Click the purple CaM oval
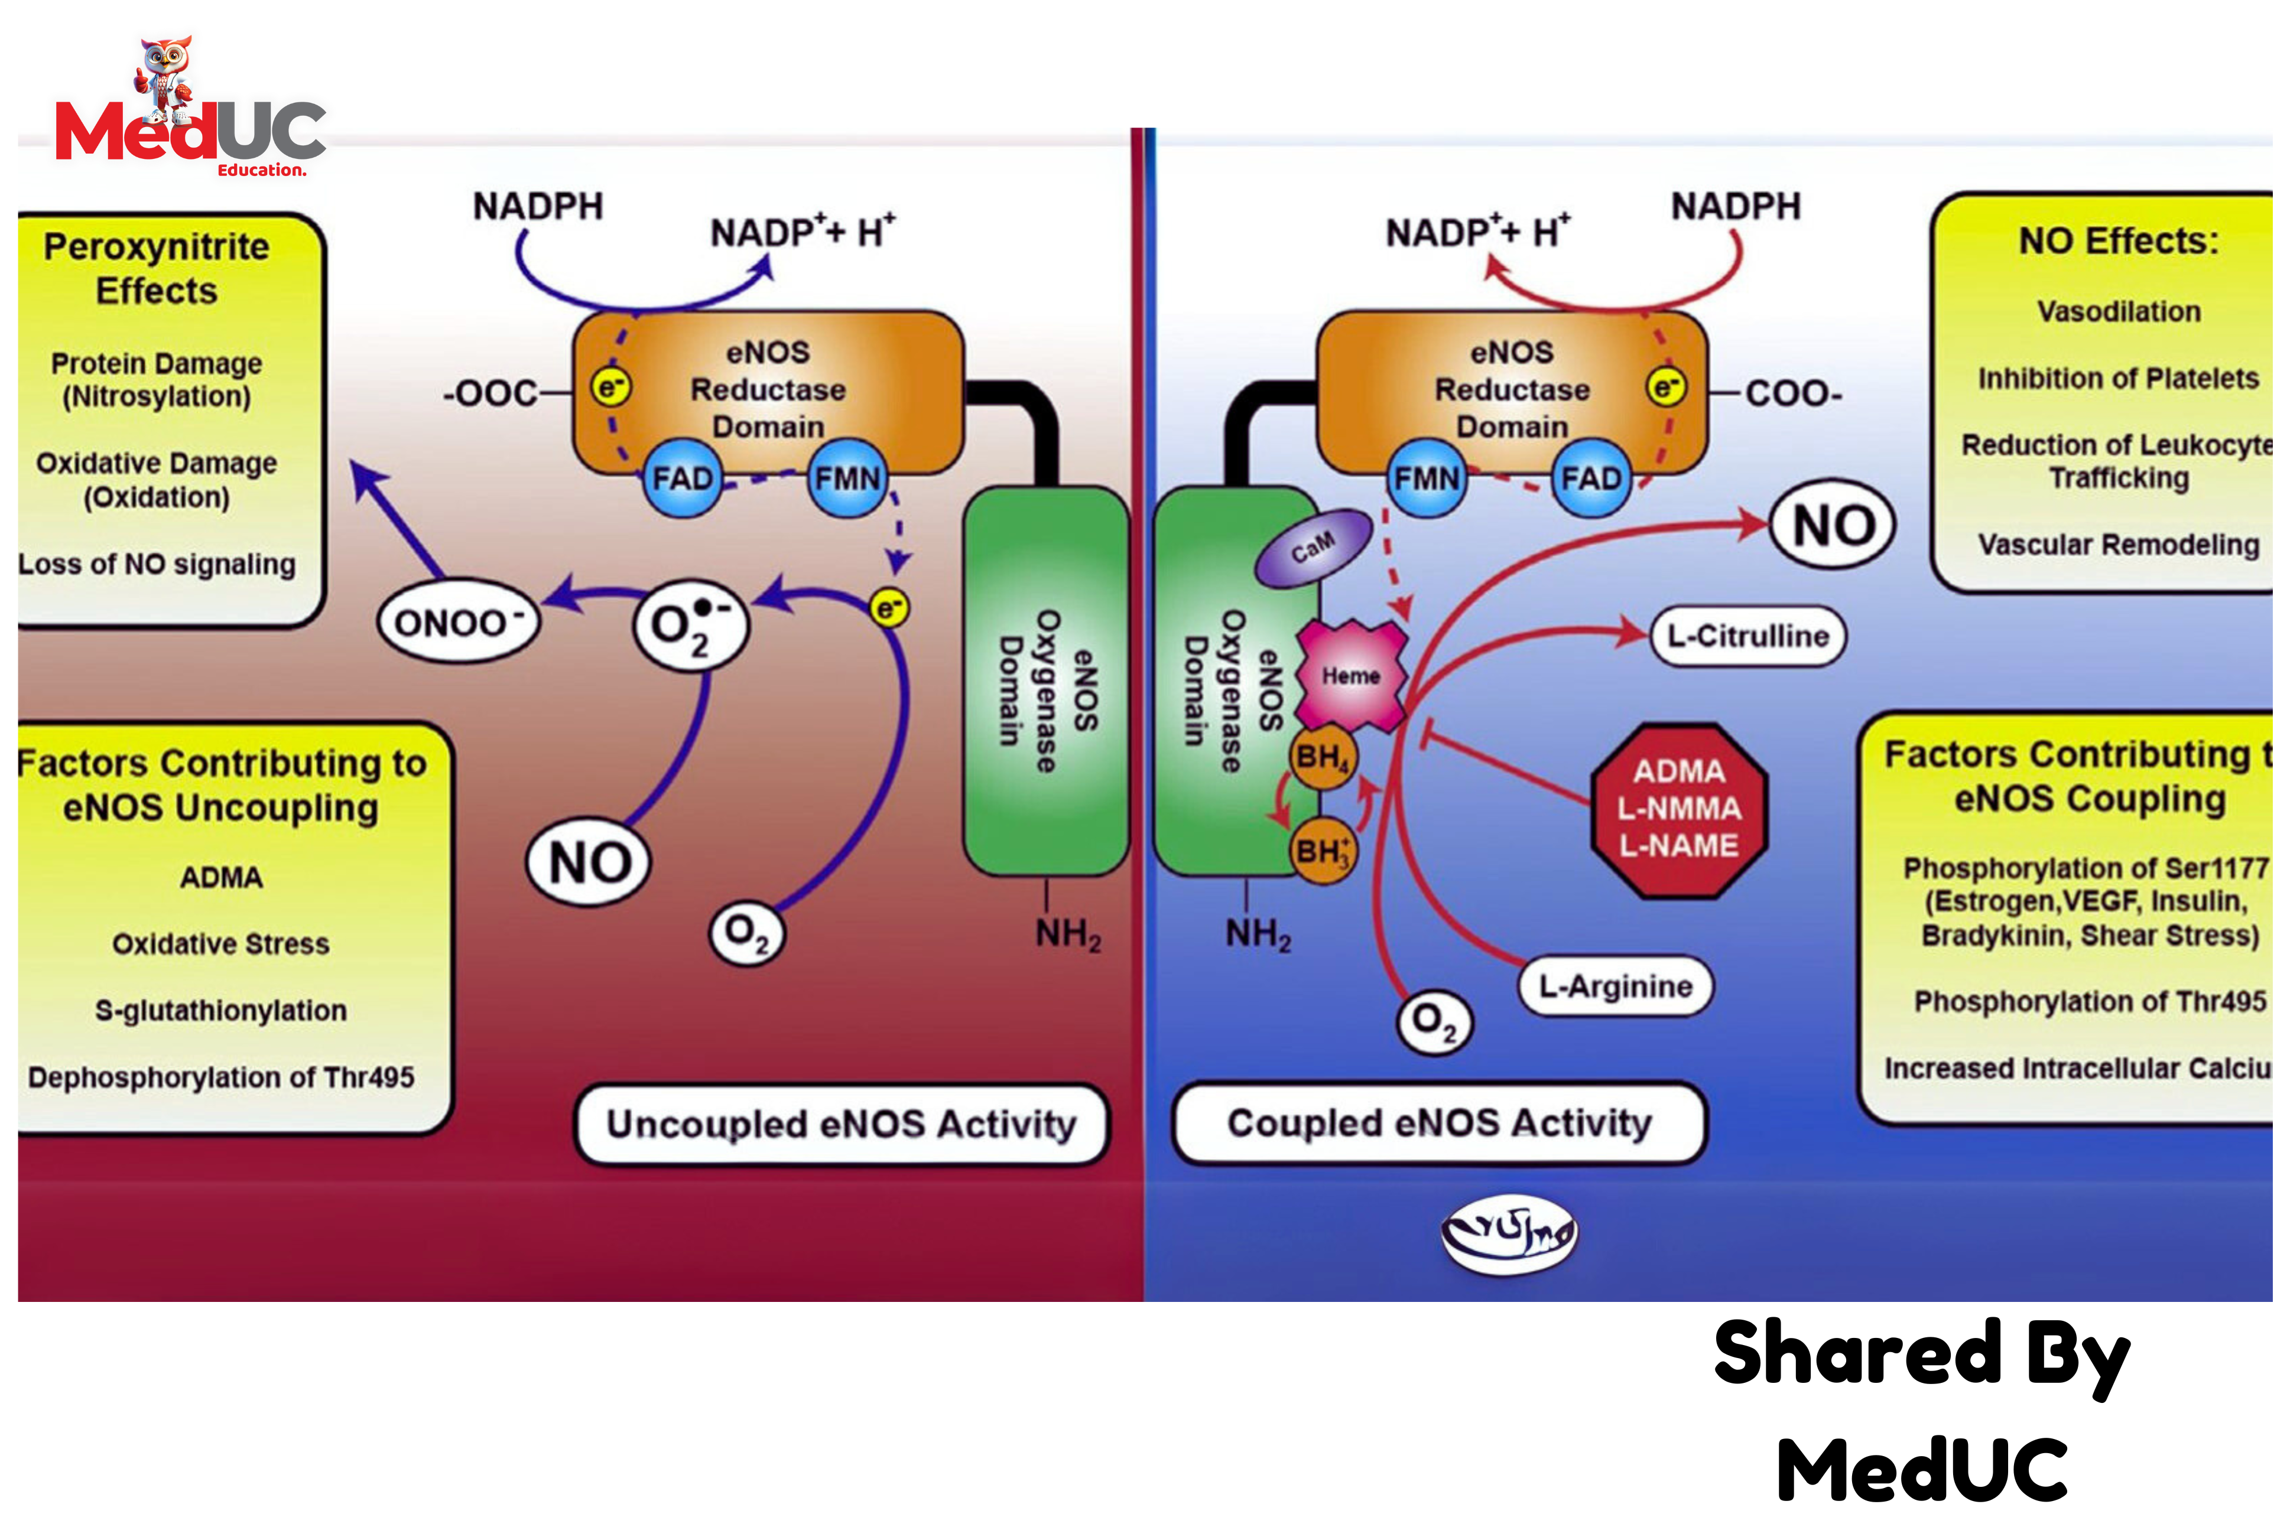click(x=1313, y=548)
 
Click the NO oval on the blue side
click(x=1832, y=525)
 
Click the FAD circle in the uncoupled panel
click(x=682, y=478)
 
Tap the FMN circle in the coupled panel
click(x=1427, y=478)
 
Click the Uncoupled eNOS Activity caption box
click(x=840, y=1125)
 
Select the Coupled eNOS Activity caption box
click(x=1438, y=1123)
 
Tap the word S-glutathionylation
click(x=220, y=1011)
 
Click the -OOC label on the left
click(x=490, y=393)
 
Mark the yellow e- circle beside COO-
click(x=1666, y=387)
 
